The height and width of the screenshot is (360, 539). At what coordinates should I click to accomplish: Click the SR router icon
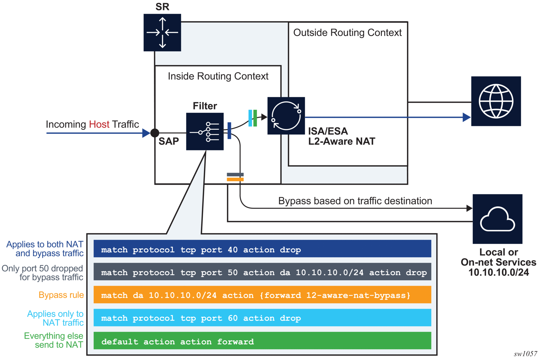(x=162, y=33)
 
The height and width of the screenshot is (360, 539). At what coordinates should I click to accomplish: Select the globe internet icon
(x=496, y=101)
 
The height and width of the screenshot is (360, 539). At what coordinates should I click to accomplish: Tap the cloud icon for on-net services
(x=497, y=219)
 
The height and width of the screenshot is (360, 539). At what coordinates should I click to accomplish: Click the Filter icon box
(x=205, y=132)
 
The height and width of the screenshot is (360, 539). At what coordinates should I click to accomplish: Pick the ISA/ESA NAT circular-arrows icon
(x=286, y=116)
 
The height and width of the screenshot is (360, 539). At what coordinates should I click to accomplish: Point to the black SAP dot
(x=155, y=133)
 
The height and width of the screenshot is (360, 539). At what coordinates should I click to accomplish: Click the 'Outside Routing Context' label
(x=347, y=33)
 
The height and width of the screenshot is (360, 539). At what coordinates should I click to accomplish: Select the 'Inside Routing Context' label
(x=218, y=76)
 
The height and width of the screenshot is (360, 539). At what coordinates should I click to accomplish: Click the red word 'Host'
(x=99, y=124)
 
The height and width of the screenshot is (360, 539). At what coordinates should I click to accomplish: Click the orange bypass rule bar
(x=262, y=295)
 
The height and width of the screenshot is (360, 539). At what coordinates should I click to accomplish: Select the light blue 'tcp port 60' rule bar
(x=262, y=318)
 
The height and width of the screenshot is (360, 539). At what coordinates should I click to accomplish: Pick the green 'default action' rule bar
(x=262, y=341)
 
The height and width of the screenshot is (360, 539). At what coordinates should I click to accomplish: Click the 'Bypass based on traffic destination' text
(x=355, y=201)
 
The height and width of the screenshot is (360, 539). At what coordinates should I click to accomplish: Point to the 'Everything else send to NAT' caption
(x=54, y=340)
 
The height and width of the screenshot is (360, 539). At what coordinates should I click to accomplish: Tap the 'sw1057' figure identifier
(x=525, y=354)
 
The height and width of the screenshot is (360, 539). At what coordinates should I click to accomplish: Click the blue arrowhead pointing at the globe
(x=466, y=117)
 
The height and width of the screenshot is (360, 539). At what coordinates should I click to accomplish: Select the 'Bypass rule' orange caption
(x=61, y=295)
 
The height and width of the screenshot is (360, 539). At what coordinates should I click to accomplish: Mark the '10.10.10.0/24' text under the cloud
(x=499, y=272)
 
